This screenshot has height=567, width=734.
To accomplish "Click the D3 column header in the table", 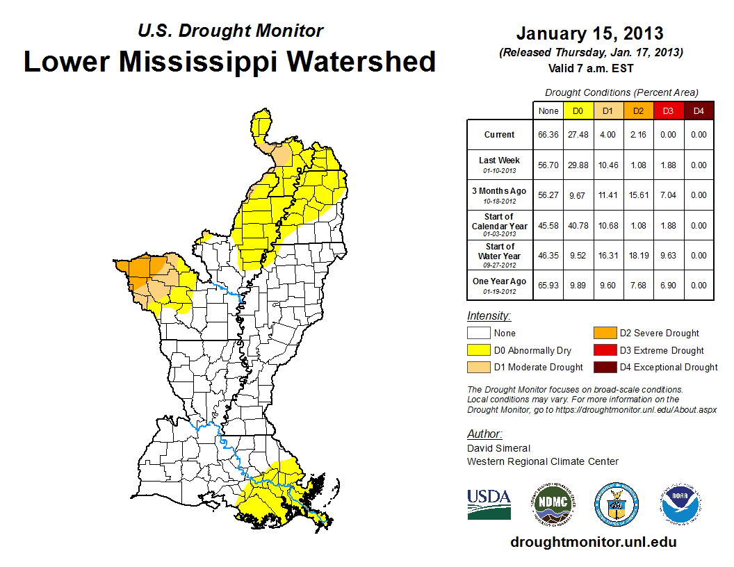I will (668, 111).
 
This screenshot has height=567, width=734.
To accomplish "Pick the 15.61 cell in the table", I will (637, 195).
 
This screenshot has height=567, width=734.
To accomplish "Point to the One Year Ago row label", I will (499, 281).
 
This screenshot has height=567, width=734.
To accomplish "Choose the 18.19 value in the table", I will (637, 256).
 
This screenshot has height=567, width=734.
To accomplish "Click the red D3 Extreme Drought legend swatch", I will (604, 350).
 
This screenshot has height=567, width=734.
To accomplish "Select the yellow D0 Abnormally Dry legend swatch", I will (478, 350).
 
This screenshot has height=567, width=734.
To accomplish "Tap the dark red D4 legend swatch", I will (604, 367).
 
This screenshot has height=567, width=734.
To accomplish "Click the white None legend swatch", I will (478, 334).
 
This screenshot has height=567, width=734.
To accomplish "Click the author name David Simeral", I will (498, 448).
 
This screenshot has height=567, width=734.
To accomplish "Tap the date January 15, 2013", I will (589, 33).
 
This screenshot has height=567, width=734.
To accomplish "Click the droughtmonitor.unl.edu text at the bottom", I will (593, 542).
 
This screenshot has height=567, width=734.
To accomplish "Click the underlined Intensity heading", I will (489, 315).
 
